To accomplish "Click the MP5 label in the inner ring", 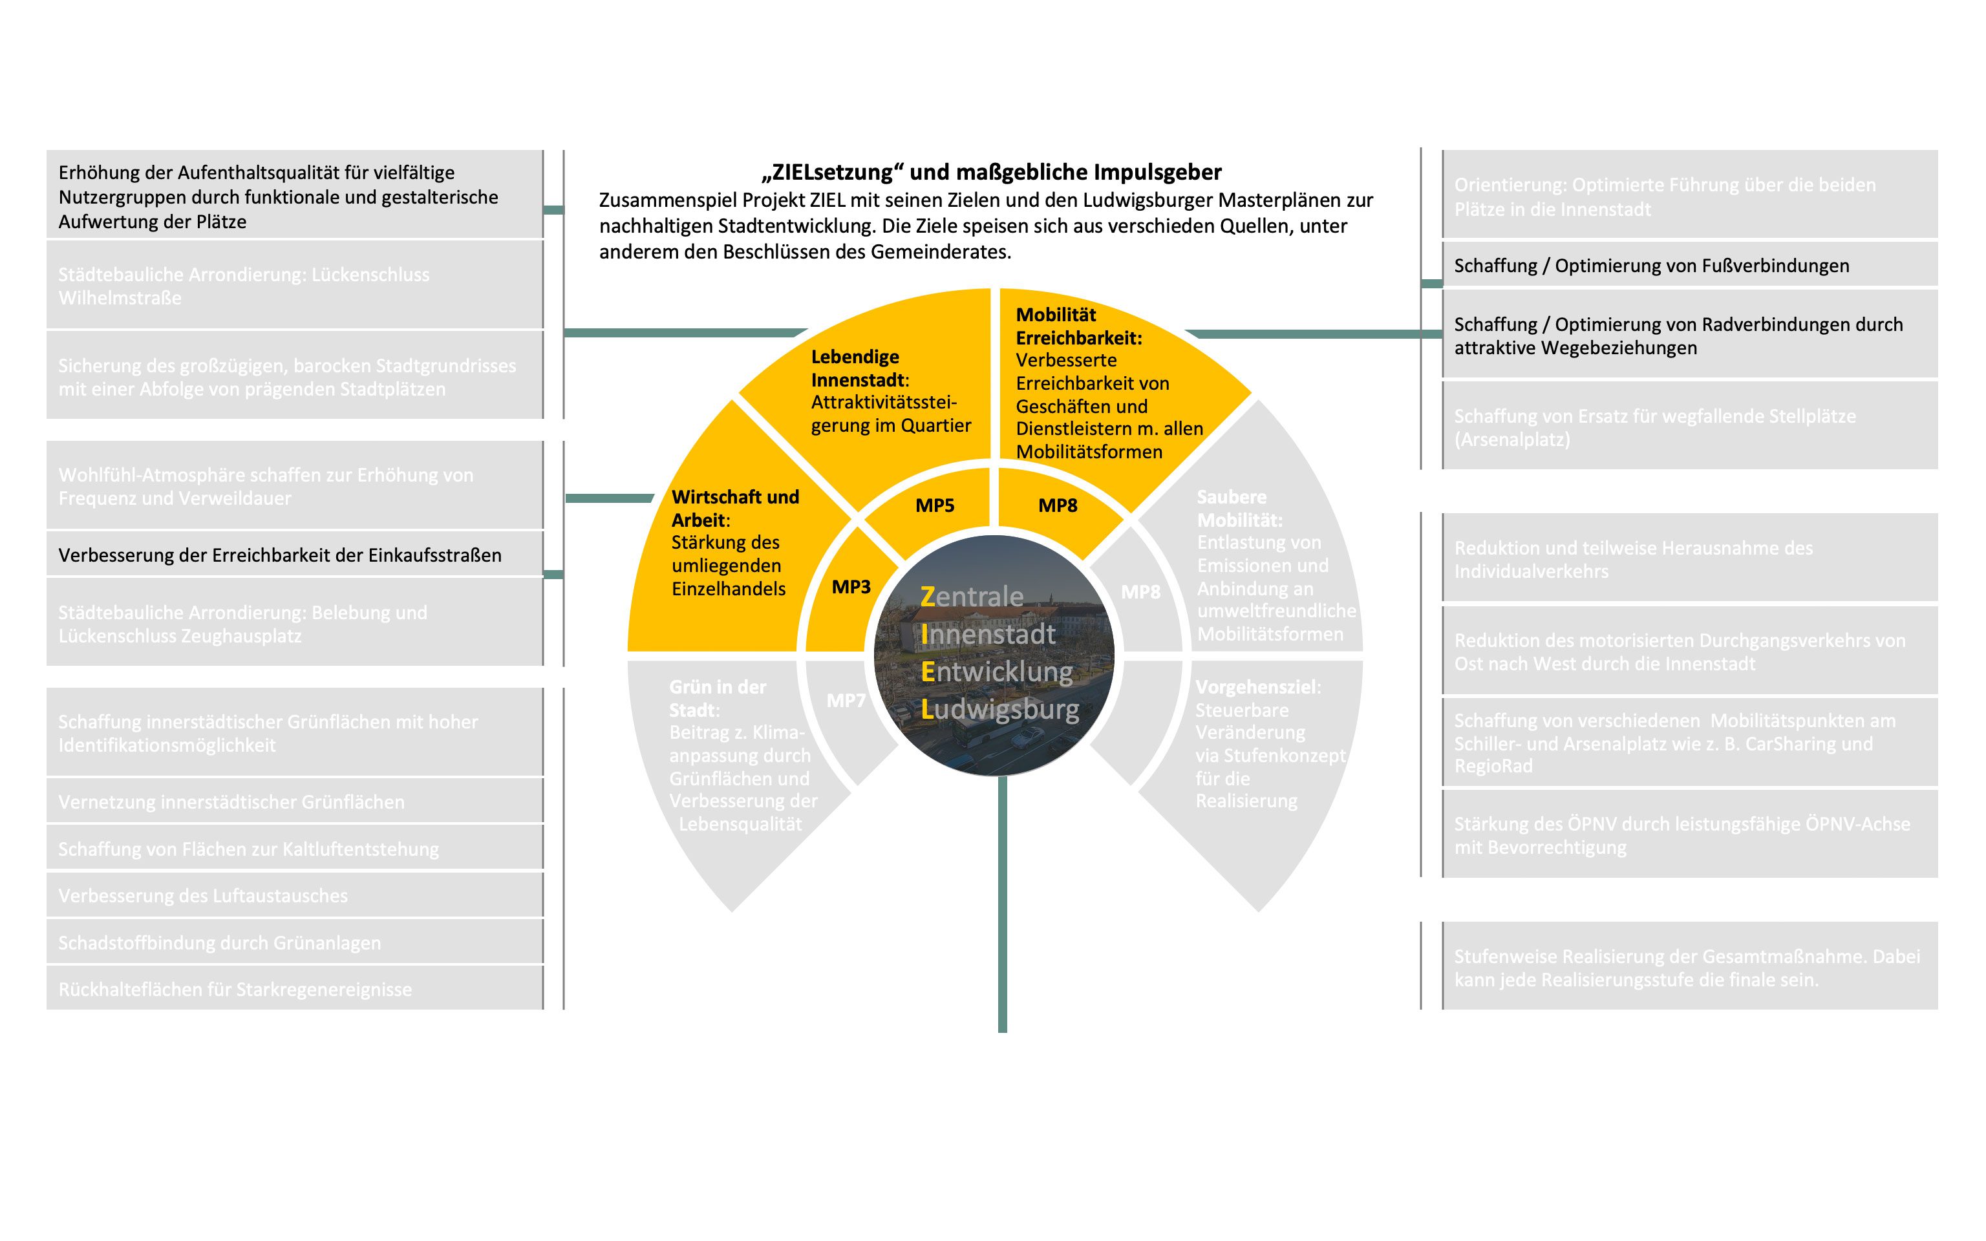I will click(x=935, y=505).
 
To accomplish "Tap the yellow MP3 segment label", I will click(x=851, y=587).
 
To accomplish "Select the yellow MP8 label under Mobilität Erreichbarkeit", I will click(x=1057, y=505).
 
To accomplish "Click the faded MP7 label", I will click(x=846, y=700).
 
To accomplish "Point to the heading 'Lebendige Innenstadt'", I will click(x=855, y=368).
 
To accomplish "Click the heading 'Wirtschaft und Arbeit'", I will click(x=734, y=507).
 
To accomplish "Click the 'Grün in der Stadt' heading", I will click(x=716, y=697).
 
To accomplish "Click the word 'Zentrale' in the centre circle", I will click(x=972, y=597).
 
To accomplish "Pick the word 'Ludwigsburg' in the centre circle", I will click(x=999, y=709).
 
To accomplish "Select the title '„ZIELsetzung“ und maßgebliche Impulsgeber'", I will click(x=991, y=173).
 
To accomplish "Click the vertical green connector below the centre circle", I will click(x=1002, y=903).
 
